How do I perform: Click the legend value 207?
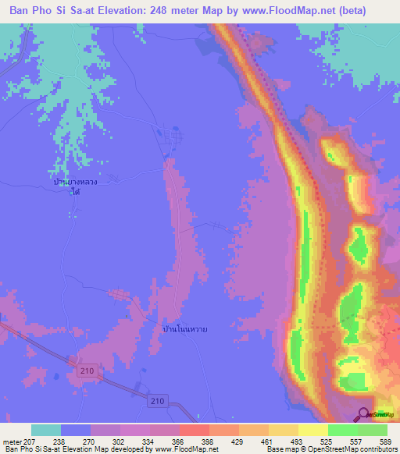(x=30, y=441)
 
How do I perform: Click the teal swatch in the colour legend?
(x=46, y=430)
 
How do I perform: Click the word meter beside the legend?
(x=11, y=441)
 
